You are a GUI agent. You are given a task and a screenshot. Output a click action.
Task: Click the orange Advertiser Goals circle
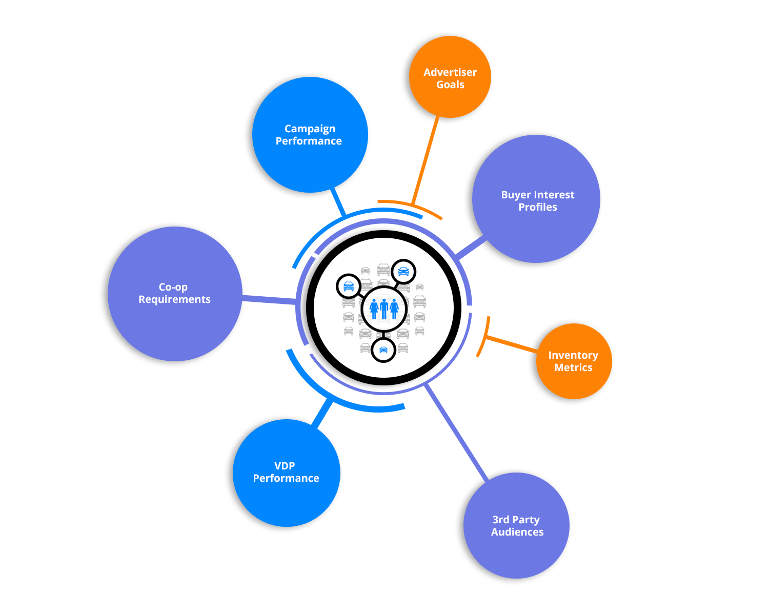pyautogui.click(x=450, y=77)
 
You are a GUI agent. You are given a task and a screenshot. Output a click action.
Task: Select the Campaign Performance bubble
pyautogui.click(x=310, y=135)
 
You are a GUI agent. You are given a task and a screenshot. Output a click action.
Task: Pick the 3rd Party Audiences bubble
pyautogui.click(x=517, y=526)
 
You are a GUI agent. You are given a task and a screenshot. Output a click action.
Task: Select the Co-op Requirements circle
pyautogui.click(x=174, y=293)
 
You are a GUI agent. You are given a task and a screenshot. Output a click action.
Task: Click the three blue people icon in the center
pyautogui.click(x=384, y=309)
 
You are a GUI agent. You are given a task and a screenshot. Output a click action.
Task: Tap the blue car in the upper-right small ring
pyautogui.click(x=403, y=272)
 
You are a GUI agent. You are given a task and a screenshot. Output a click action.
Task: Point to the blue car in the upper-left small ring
pyautogui.click(x=349, y=286)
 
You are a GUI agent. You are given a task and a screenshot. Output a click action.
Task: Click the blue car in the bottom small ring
pyautogui.click(x=383, y=350)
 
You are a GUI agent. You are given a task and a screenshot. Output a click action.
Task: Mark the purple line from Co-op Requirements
pyautogui.click(x=269, y=299)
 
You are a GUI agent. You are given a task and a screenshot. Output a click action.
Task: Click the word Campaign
pyautogui.click(x=310, y=129)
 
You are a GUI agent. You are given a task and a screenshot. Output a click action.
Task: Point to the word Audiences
pyautogui.click(x=517, y=532)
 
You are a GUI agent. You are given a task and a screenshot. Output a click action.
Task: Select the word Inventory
pyautogui.click(x=573, y=355)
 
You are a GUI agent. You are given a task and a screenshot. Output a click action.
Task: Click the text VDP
pyautogui.click(x=285, y=466)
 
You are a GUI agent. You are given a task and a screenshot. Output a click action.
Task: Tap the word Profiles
pyautogui.click(x=537, y=207)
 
